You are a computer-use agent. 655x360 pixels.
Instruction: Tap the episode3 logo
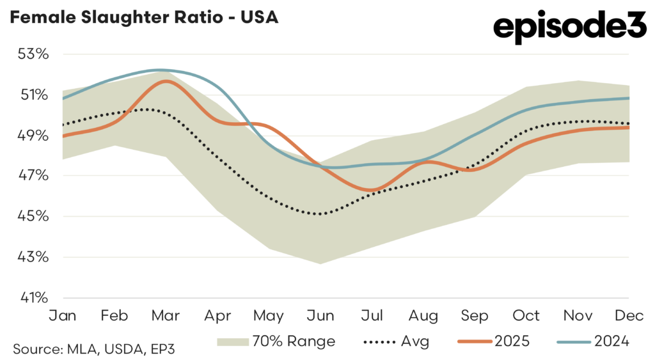569,27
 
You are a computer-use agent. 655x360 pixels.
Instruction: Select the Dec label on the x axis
629,317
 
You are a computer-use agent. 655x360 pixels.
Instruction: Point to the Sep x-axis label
474,317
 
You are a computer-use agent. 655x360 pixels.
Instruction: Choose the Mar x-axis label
166,317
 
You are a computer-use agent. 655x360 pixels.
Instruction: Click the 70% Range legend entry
276,341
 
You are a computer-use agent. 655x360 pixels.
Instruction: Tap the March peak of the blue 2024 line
160,70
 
